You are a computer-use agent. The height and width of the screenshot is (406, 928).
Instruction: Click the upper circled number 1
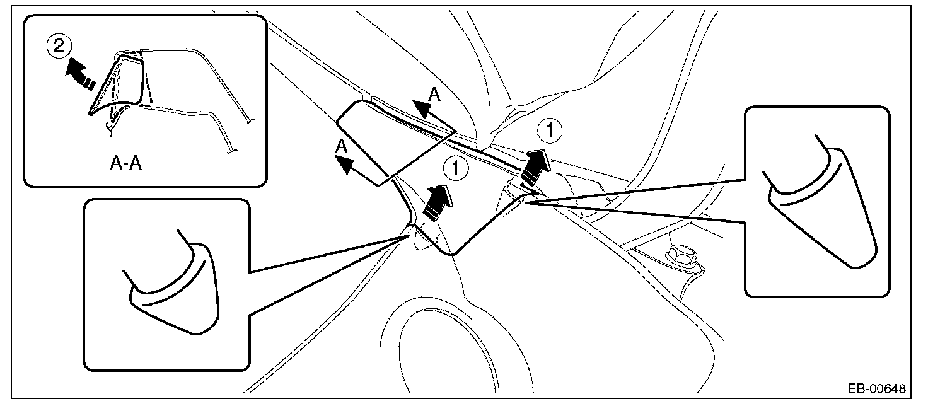tap(550, 132)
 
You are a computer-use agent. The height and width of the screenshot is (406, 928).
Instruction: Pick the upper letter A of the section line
tap(434, 95)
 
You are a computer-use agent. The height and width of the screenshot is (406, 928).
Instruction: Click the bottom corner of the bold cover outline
tap(453, 255)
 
